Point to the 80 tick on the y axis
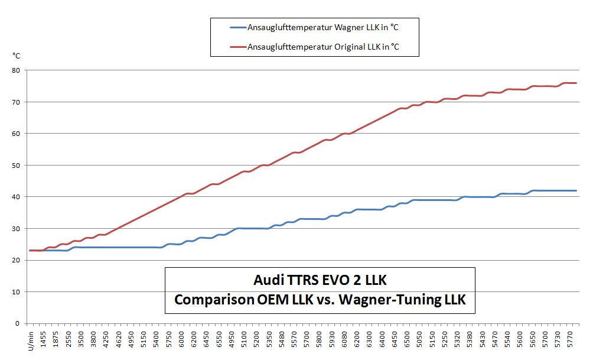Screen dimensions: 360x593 pyautogui.click(x=16, y=70)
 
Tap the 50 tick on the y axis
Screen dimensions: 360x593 pyautogui.click(x=16, y=165)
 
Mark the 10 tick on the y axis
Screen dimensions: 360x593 pyautogui.click(x=16, y=291)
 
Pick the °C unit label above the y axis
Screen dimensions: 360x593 pyautogui.click(x=16, y=56)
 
